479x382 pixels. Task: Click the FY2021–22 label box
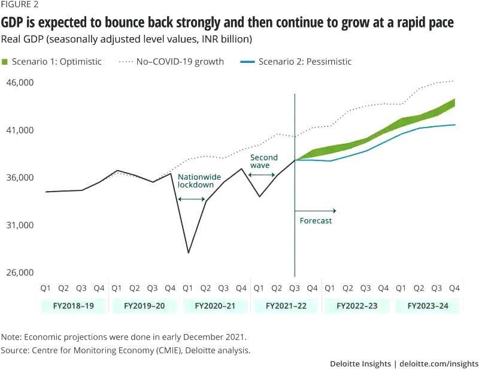pyautogui.click(x=285, y=305)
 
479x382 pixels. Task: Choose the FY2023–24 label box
pyautogui.click(x=428, y=305)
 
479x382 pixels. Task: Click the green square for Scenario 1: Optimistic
pyautogui.click(x=5, y=62)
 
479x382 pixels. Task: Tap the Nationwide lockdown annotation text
pyautogui.click(x=195, y=181)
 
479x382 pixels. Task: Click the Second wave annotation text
pyautogui.click(x=264, y=162)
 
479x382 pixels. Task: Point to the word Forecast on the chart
pyautogui.click(x=316, y=220)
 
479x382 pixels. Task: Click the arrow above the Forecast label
pyautogui.click(x=316, y=211)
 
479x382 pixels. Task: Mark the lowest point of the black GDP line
pyautogui.click(x=188, y=253)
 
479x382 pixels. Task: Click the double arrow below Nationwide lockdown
pyautogui.click(x=192, y=198)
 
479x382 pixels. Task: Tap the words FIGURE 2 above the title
pyautogui.click(x=19, y=7)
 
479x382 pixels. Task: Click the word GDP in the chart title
pyautogui.click(x=16, y=23)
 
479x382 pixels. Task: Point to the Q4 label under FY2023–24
pyautogui.click(x=454, y=288)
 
